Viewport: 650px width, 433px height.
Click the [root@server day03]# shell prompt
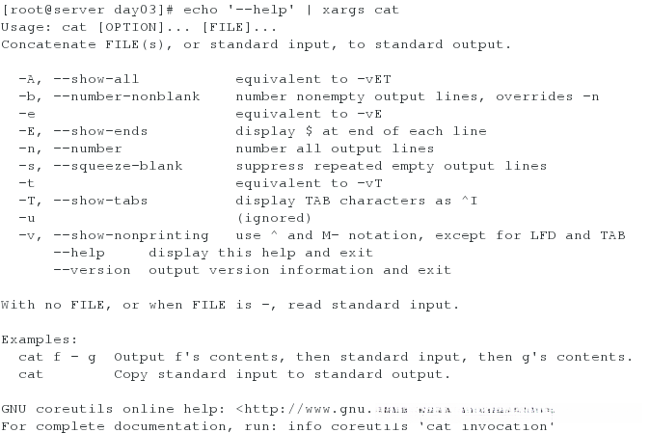coord(69,9)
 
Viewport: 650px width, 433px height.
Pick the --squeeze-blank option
coord(119,165)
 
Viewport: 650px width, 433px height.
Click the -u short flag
coord(26,217)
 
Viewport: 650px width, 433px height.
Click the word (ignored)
coord(274,217)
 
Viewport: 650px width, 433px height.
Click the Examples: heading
coord(40,338)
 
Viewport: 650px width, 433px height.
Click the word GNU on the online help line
coord(14,408)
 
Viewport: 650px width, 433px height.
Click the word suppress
coord(270,165)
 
